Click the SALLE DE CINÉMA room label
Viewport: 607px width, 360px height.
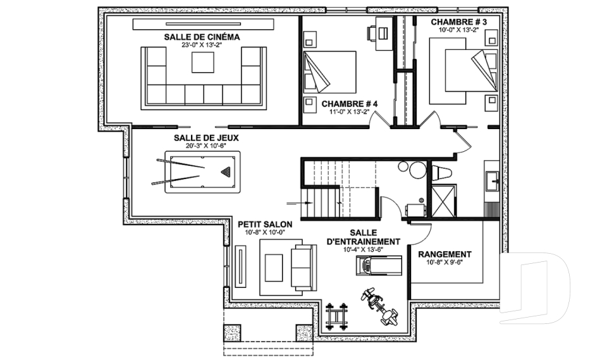[x=202, y=37]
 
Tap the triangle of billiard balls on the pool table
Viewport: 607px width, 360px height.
[x=226, y=171]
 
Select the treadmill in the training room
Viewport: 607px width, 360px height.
[x=379, y=266]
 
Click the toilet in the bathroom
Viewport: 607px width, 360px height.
[x=442, y=173]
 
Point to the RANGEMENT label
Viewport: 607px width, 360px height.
[x=445, y=254]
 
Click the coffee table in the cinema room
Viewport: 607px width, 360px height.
[x=202, y=62]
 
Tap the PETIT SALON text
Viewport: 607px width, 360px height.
[x=265, y=225]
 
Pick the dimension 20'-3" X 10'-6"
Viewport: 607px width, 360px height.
[x=200, y=146]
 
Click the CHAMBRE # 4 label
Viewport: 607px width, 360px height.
[x=350, y=104]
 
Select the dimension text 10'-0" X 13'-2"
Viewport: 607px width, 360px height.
[x=459, y=30]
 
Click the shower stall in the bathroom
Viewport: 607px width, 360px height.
[x=444, y=201]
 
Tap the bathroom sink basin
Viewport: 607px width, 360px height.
[x=493, y=182]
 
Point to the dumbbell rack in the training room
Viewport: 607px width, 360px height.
[x=336, y=316]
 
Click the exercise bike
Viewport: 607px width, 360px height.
[x=378, y=306]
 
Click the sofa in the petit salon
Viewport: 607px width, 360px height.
[x=304, y=268]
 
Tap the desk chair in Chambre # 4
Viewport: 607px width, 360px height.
[x=371, y=32]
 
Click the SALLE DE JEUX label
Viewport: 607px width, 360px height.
[x=206, y=138]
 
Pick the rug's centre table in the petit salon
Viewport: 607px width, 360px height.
[x=274, y=268]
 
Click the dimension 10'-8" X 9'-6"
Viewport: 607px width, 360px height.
[x=445, y=262]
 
